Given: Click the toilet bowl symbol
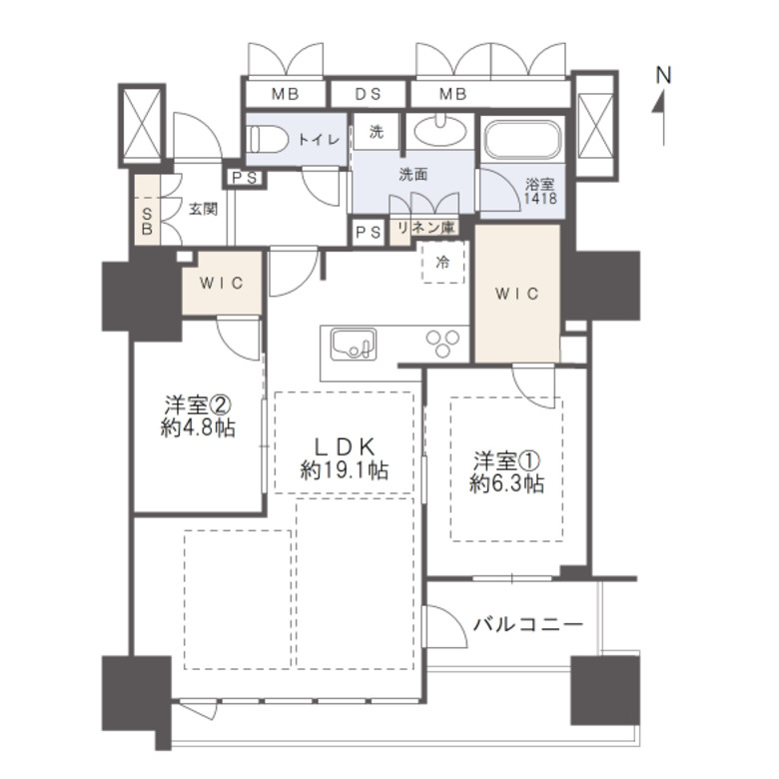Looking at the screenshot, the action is coord(268,140).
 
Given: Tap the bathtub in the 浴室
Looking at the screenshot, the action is coord(523,139).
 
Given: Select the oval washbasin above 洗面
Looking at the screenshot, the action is coord(440,131).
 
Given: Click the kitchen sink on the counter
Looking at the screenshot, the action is coord(354,343).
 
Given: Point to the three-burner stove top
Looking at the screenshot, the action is coord(442,343).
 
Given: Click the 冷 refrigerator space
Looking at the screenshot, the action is coord(442,263).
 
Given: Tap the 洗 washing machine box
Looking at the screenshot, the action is coord(377,132).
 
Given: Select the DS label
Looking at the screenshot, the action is coord(369,94).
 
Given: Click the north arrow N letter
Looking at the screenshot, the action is coord(663,76).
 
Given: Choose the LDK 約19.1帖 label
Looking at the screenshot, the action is coord(345,458).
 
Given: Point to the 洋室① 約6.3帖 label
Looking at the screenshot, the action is coord(506,472).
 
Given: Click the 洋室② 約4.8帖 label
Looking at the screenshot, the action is coord(198,416).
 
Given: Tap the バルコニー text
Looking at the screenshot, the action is coord(527,623).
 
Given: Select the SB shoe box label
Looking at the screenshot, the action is coord(147,222).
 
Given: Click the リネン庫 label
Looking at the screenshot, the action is coord(425,228).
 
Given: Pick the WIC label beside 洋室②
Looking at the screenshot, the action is coord(222,284).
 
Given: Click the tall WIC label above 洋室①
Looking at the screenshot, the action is coord(516,294).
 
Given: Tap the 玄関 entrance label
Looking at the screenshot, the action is coord(203,209).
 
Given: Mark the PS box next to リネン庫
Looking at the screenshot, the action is coord(369,232).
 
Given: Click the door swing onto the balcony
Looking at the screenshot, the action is coord(445,626).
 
